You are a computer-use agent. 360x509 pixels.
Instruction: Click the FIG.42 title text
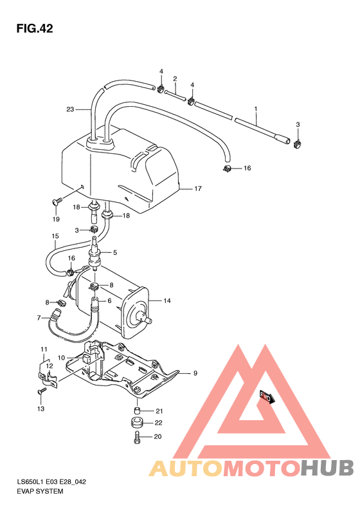coord(35,28)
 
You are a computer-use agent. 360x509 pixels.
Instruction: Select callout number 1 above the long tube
coord(255,109)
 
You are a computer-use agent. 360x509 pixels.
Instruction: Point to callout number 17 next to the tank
coord(198,189)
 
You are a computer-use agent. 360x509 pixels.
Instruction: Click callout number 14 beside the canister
coord(166,301)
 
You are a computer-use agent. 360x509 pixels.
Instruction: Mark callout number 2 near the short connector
coord(174,79)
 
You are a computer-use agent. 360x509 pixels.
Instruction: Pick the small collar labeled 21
coord(136,411)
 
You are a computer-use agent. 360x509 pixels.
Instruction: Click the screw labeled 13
coord(42,391)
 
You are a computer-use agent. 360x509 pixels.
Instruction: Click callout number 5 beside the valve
coord(116,252)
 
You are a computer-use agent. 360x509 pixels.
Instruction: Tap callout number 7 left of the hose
coord(39,317)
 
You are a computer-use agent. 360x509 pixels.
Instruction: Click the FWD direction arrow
coord(265,397)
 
